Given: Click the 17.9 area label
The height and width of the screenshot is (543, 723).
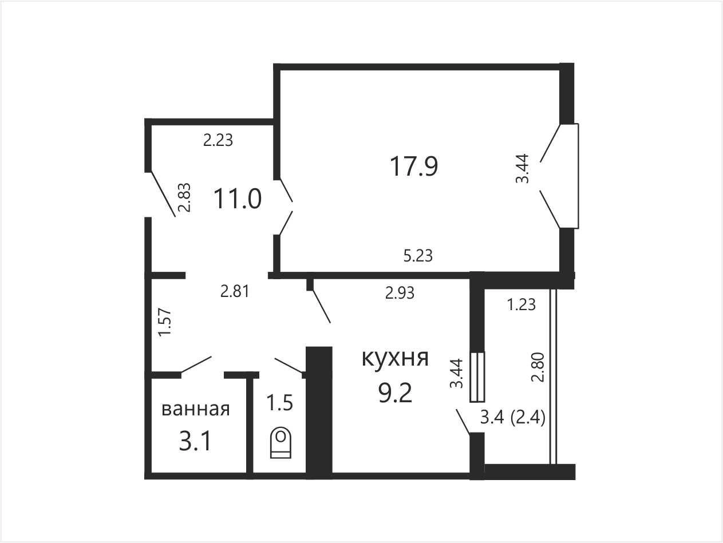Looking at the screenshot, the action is [x=414, y=167].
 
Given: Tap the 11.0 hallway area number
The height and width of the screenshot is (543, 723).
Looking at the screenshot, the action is [x=238, y=199].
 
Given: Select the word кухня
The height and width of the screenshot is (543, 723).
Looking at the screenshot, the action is [x=395, y=358].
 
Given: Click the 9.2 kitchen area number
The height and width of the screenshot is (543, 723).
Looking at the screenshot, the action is [x=395, y=394].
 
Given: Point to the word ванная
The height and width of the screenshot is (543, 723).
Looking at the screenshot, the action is [x=196, y=410].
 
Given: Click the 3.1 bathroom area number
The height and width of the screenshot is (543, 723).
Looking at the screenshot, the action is [x=195, y=441].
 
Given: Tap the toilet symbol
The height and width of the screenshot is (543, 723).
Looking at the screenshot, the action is [x=280, y=443].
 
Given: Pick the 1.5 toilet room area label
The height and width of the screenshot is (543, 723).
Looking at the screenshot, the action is [x=280, y=402].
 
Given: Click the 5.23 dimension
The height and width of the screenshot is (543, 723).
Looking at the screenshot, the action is [x=418, y=256].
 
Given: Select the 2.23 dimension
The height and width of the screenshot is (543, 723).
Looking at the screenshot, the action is [x=218, y=140].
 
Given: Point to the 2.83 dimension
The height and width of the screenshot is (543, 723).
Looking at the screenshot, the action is [x=184, y=197].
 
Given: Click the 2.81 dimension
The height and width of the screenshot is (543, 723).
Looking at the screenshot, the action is [x=235, y=292].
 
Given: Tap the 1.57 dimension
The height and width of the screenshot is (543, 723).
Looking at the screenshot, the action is [x=165, y=322].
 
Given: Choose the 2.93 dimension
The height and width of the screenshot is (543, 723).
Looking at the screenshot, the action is [x=400, y=293].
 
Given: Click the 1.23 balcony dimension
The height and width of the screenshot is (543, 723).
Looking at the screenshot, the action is [x=521, y=305].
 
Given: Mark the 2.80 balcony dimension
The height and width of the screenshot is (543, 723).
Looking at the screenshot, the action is [x=538, y=367].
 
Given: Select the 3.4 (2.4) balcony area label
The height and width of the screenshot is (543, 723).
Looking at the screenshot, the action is [x=513, y=418].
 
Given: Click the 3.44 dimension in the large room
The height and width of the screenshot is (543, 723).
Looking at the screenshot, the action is [x=522, y=168].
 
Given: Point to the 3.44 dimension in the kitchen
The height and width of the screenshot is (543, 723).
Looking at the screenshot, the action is [x=457, y=373].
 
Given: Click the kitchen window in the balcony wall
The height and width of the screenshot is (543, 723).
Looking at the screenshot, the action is [x=477, y=377].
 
